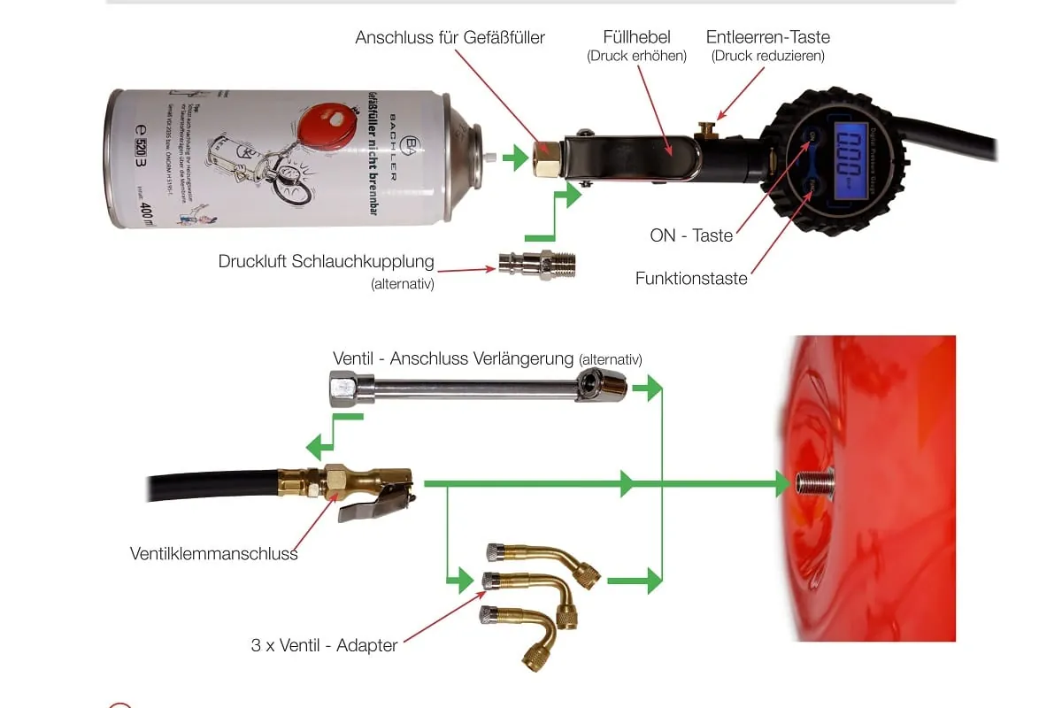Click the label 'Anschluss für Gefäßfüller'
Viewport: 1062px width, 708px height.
pyautogui.click(x=450, y=38)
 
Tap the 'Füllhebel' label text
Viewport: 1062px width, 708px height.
pyautogui.click(x=636, y=37)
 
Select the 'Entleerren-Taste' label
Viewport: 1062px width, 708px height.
pyautogui.click(x=767, y=37)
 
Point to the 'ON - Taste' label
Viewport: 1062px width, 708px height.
pyautogui.click(x=691, y=235)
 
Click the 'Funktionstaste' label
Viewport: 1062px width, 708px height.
pyautogui.click(x=691, y=279)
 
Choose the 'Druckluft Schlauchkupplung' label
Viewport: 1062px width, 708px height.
pyautogui.click(x=326, y=262)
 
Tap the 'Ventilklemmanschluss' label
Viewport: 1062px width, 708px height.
pyautogui.click(x=214, y=554)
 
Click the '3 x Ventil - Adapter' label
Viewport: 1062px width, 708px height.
pyautogui.click(x=324, y=645)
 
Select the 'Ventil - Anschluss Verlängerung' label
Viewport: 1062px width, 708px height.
pyautogui.click(x=454, y=358)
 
